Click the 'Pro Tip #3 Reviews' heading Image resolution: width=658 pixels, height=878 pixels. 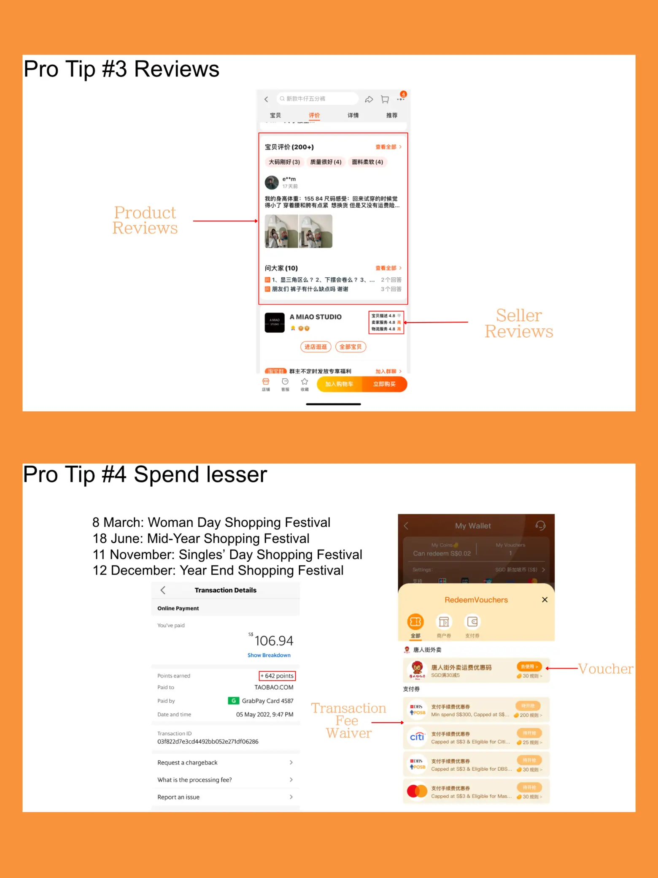coord(121,69)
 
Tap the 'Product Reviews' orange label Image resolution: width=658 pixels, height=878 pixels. coord(145,220)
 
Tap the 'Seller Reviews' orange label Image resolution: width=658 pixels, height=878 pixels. coord(518,323)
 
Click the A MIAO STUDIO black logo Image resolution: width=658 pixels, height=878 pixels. coord(275,323)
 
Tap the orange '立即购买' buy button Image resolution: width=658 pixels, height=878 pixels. coord(384,384)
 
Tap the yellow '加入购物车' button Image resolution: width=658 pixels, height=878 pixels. coord(339,384)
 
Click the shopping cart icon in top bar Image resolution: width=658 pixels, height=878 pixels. coord(385,99)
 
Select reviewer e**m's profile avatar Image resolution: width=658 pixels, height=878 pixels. coord(272,182)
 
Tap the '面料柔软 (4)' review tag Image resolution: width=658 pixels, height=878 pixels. coord(367,162)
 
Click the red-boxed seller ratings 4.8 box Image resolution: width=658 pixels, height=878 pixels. coord(386,322)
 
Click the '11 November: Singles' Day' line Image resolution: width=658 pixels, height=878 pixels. coord(227,554)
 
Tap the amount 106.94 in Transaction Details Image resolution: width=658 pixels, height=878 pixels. coord(273,641)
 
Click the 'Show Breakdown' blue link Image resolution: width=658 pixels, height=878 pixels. coord(269,655)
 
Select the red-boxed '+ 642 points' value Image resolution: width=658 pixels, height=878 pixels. coord(277,676)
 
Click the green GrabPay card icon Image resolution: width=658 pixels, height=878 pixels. coord(233,701)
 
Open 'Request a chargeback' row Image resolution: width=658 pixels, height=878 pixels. coord(225,762)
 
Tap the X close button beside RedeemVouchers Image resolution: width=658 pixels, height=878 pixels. coord(545,600)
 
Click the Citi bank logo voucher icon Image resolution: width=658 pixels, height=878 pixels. coord(417,737)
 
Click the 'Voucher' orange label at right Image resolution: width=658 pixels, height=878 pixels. coord(605,669)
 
